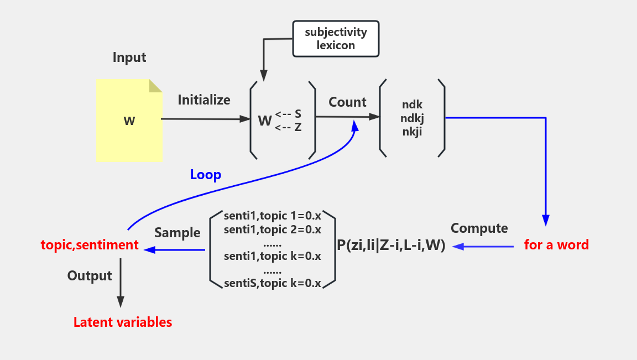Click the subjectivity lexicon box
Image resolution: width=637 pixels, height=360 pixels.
(x=336, y=39)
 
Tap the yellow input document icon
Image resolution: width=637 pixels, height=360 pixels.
(x=129, y=121)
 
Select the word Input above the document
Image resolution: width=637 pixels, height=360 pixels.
(x=129, y=58)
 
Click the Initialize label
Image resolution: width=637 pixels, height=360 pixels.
(x=204, y=100)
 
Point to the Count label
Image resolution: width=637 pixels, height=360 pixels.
(x=347, y=102)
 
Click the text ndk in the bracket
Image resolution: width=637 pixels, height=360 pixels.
(x=412, y=105)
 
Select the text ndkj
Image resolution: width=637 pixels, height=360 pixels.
(x=412, y=118)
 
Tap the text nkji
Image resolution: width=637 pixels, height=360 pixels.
(x=412, y=131)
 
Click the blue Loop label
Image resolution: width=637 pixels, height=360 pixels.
(x=206, y=175)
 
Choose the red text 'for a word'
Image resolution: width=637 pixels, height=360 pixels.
(x=556, y=244)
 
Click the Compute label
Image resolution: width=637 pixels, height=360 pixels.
(x=479, y=228)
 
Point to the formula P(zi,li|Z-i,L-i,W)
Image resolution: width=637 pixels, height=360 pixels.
(x=391, y=246)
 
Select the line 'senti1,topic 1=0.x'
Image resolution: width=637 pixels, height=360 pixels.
(x=273, y=216)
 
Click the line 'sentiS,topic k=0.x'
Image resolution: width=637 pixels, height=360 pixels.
(x=273, y=284)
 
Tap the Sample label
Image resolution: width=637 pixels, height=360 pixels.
(x=177, y=232)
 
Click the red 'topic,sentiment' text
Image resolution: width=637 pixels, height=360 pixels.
(x=90, y=245)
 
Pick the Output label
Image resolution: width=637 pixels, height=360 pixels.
(x=90, y=275)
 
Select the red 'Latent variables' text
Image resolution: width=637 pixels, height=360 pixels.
(x=123, y=322)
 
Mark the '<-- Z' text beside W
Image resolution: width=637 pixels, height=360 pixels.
(x=288, y=127)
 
